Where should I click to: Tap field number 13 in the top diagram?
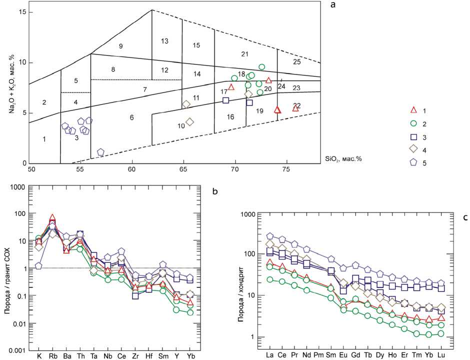click(164, 41)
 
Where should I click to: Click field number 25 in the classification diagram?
click(297, 61)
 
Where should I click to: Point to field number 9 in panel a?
click(120, 46)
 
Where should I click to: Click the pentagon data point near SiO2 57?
click(100, 152)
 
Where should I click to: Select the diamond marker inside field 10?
click(189, 121)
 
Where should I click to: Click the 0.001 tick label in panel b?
click(17, 350)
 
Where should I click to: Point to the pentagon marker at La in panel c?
click(270, 236)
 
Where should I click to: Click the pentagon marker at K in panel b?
click(38, 265)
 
